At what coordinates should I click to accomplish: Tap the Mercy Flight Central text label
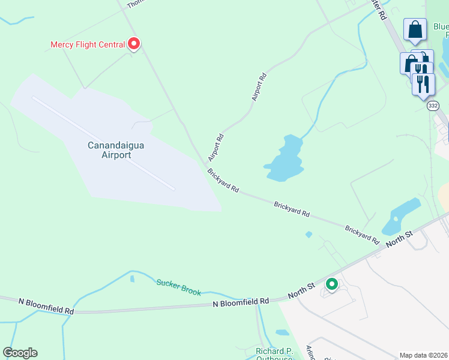pyautogui.click(x=88, y=44)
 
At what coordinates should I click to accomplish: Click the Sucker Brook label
pyautogui.click(x=178, y=287)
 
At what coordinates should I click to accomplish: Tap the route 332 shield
pyautogui.click(x=433, y=106)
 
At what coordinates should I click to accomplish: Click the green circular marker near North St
pyautogui.click(x=331, y=284)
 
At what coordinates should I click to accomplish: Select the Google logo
pyautogui.click(x=20, y=353)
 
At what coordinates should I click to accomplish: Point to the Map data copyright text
pyautogui.click(x=423, y=355)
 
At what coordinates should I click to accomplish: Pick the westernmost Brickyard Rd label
pyautogui.click(x=223, y=181)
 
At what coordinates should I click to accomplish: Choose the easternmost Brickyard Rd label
pyautogui.click(x=362, y=235)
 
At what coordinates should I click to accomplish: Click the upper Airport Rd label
pyautogui.click(x=259, y=87)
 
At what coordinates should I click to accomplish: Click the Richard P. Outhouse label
pyautogui.click(x=274, y=352)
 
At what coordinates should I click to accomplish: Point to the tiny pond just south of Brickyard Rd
pyautogui.click(x=309, y=234)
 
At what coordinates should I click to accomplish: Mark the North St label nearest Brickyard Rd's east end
pyautogui.click(x=400, y=238)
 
